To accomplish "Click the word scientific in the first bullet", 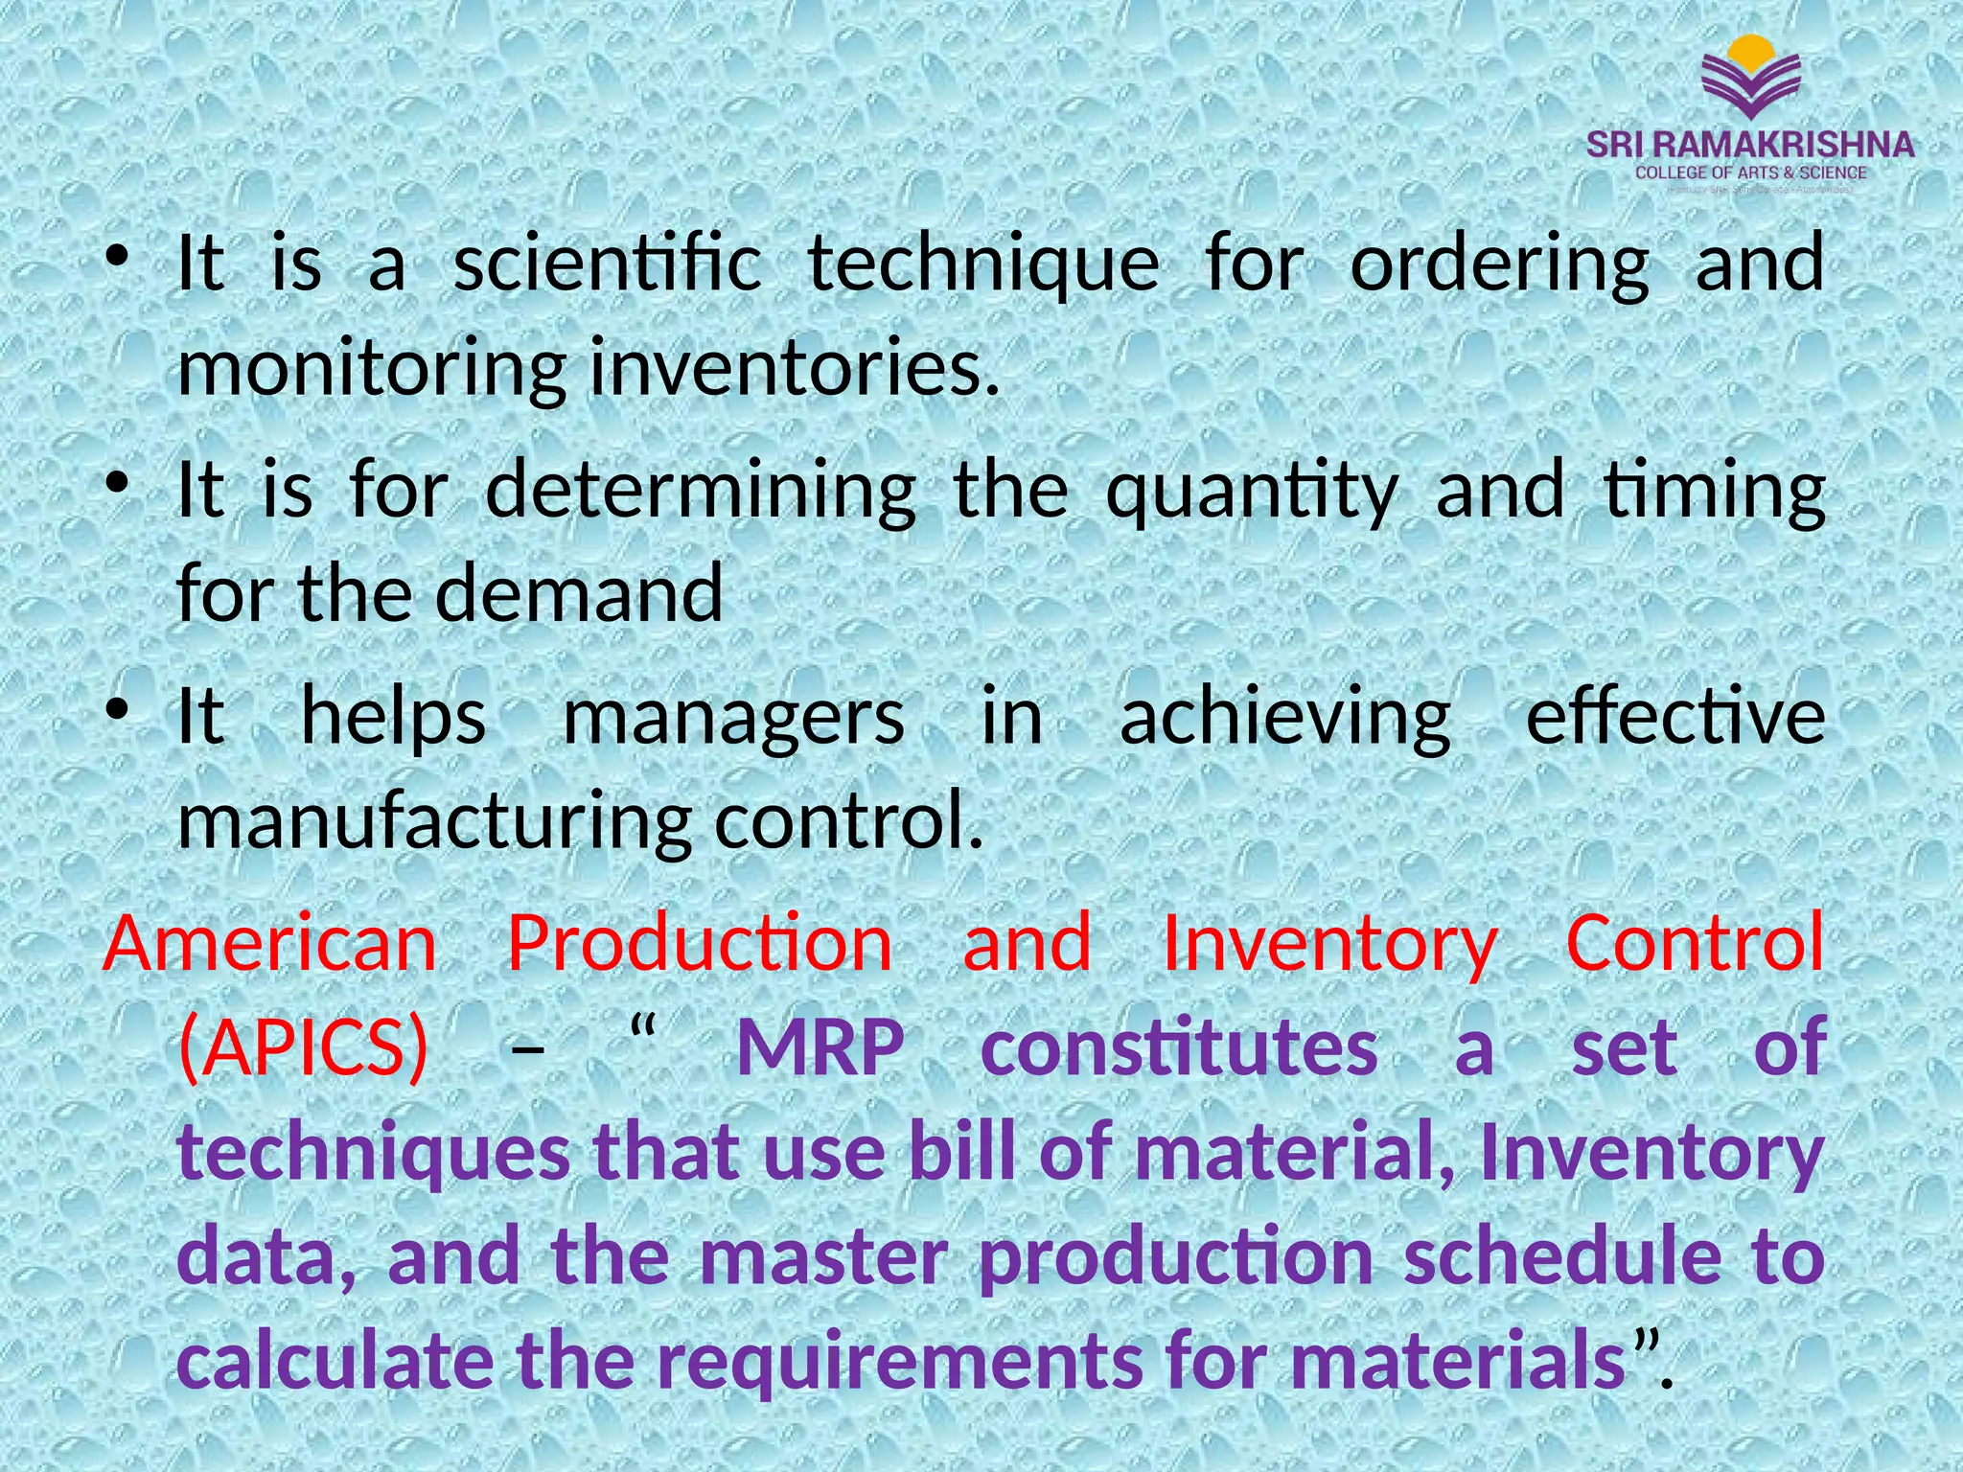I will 607,264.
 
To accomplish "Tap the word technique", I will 983,265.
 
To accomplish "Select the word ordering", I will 1500,265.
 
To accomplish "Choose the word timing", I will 1715,492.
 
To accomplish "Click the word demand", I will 579,593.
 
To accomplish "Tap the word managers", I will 733,720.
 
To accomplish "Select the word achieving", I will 1285,720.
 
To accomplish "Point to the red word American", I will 270,943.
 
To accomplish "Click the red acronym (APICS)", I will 304,1046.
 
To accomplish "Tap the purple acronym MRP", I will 820,1046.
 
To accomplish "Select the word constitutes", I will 1180,1046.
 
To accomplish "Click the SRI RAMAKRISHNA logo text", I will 1750,145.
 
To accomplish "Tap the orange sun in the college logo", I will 1751,50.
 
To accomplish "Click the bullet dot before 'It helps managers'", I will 117,710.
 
